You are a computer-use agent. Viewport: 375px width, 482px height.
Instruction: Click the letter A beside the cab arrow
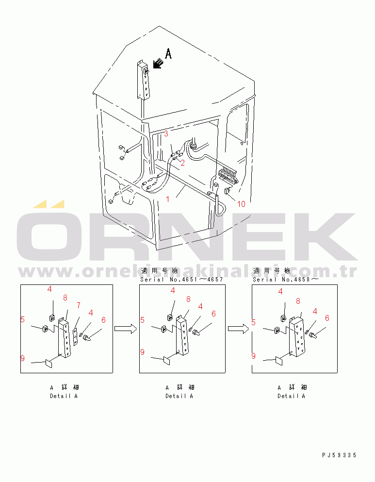(168, 53)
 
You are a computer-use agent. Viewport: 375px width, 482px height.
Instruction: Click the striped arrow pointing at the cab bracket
(157, 63)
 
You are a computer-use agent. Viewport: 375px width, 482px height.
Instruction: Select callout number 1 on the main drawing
(168, 199)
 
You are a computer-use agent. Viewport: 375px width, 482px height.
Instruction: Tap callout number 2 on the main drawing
(182, 163)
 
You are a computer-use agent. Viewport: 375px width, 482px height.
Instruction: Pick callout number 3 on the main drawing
(166, 133)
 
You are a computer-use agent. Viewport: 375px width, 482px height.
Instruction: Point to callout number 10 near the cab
(241, 204)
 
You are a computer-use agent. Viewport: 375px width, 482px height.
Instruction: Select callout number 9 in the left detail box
(23, 358)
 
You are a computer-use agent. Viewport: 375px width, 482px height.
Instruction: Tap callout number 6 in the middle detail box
(214, 314)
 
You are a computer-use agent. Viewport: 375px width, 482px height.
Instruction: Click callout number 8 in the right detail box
(298, 301)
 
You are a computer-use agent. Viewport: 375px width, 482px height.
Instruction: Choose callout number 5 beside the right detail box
(254, 322)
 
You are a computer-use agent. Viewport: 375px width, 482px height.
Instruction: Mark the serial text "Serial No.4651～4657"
(181, 280)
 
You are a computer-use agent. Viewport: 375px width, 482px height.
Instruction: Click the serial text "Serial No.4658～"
(286, 280)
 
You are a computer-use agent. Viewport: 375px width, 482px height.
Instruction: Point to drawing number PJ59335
(339, 455)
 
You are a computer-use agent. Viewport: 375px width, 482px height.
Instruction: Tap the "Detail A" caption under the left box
(64, 396)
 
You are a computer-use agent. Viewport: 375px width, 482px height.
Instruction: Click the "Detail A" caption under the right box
(291, 396)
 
